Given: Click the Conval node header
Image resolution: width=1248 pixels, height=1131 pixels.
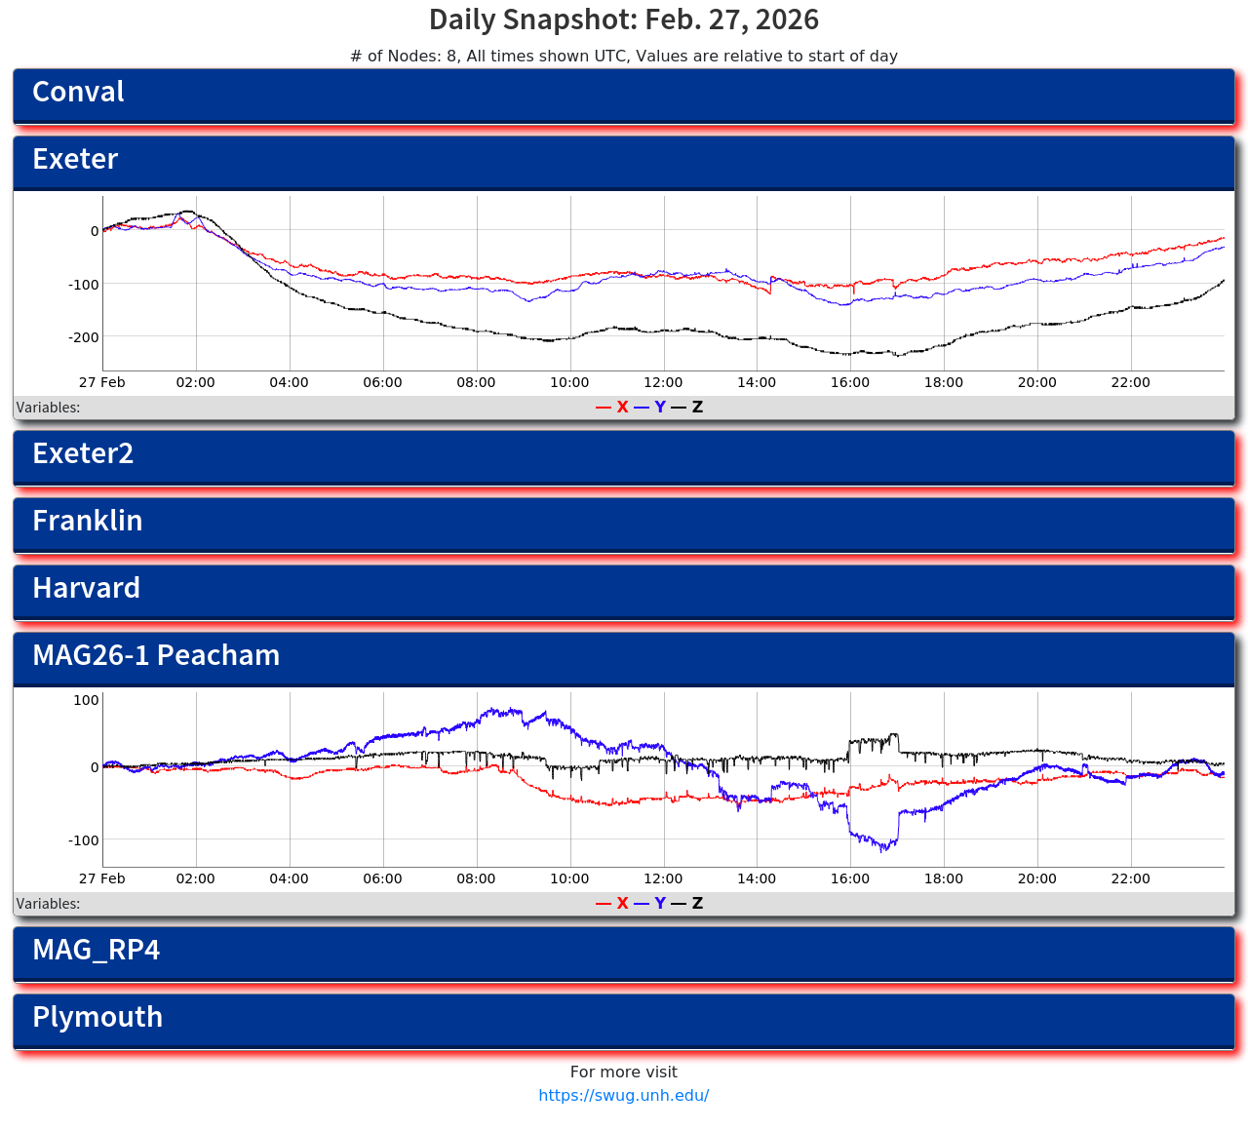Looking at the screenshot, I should pyautogui.click(x=624, y=95).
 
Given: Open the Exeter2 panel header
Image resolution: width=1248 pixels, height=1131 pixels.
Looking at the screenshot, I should pyautogui.click(x=624, y=456).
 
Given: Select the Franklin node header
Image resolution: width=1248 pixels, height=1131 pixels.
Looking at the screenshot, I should pyautogui.click(x=624, y=524).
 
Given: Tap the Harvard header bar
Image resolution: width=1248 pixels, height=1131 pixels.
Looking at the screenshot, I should pyautogui.click(x=624, y=591).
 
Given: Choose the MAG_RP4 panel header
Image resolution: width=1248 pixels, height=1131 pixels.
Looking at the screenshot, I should pyautogui.click(x=624, y=953).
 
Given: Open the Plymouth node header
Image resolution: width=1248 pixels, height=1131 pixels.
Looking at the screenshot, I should pyautogui.click(x=624, y=1020).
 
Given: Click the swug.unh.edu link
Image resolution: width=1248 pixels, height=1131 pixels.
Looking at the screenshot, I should pyautogui.click(x=624, y=1095).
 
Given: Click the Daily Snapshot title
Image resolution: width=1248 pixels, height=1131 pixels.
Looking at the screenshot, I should pyautogui.click(x=624, y=19).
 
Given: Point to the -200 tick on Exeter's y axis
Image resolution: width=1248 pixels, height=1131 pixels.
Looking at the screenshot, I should pyautogui.click(x=87, y=337).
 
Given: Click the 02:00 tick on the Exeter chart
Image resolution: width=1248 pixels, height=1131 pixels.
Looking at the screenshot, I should pyautogui.click(x=195, y=382).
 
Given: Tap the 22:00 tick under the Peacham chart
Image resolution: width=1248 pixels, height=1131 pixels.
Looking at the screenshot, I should pyautogui.click(x=1131, y=878).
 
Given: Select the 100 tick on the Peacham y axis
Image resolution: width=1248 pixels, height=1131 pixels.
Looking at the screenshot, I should pyautogui.click(x=87, y=700).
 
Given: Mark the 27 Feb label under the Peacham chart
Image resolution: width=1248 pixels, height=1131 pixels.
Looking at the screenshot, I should pyautogui.click(x=102, y=878).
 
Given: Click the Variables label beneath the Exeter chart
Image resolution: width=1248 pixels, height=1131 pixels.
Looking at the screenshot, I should pyautogui.click(x=49, y=408).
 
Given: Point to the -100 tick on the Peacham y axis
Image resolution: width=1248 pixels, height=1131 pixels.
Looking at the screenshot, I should pyautogui.click(x=84, y=840).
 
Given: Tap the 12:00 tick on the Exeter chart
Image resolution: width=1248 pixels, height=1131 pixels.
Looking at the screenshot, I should pyautogui.click(x=663, y=382).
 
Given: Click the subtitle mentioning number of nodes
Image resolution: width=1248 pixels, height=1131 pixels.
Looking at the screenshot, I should pyautogui.click(x=624, y=57).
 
